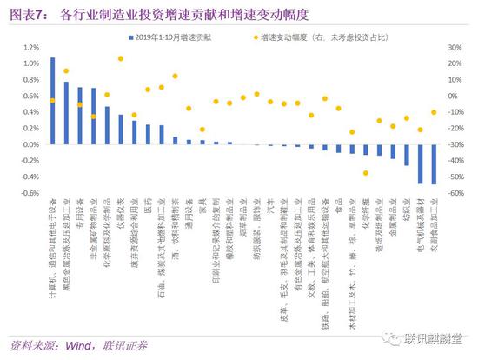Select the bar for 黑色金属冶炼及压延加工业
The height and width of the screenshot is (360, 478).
66,113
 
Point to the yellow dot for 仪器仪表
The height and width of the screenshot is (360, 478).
121,59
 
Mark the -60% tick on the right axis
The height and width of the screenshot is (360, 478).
453,192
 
